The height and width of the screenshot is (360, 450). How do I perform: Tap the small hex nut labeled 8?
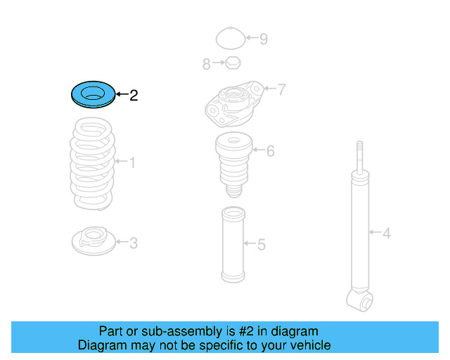tap(232, 64)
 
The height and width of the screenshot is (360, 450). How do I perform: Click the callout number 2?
tap(134, 95)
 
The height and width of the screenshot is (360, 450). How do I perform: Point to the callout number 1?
tap(131, 163)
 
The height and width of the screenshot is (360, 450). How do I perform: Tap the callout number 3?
tap(133, 243)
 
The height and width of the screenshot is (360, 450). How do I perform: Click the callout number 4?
tap(386, 232)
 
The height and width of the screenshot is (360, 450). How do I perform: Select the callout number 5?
tap(261, 245)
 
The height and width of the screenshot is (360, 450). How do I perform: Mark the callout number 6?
tap(270, 150)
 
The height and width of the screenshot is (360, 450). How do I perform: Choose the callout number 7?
tap(281, 89)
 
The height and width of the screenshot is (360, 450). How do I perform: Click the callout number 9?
tap(263, 39)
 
